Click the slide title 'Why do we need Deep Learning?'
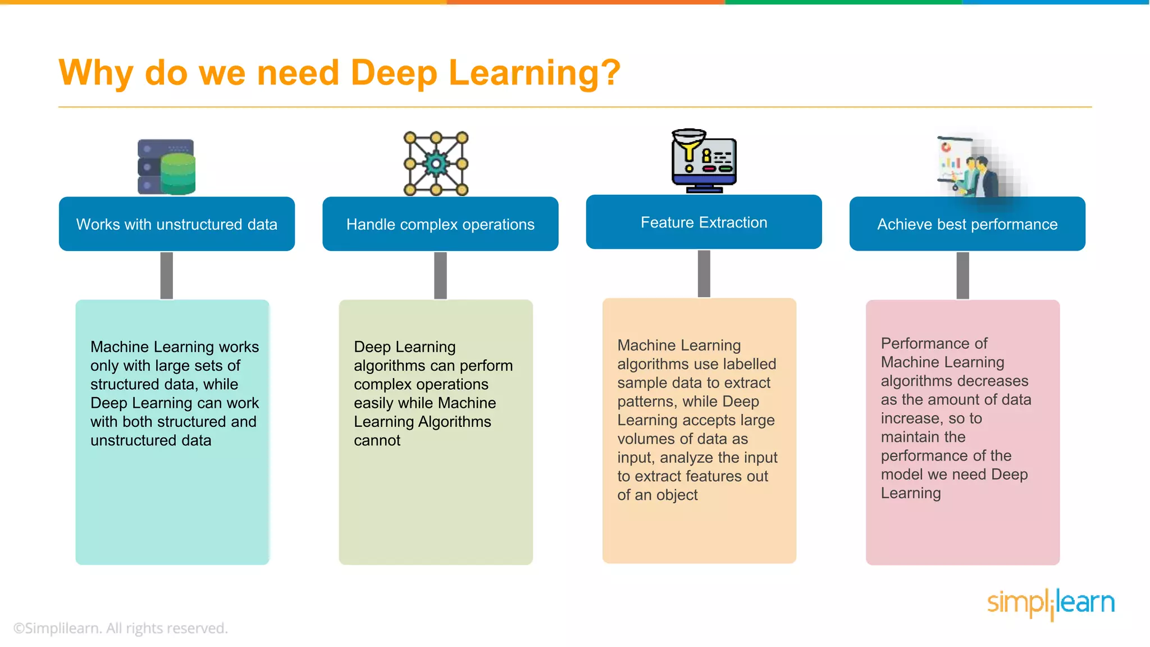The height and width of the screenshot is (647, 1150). (x=339, y=73)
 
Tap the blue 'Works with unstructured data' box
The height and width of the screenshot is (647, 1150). (x=177, y=224)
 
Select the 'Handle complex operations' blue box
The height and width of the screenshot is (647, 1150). (x=440, y=224)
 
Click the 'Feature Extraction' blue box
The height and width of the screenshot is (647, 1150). (x=704, y=222)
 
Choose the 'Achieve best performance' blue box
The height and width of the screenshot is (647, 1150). (x=967, y=224)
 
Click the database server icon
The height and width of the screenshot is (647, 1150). (x=167, y=167)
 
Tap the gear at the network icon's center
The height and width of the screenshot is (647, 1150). (x=436, y=164)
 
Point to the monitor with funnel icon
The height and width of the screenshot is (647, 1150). (x=704, y=162)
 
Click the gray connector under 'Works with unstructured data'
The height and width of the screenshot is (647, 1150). (x=167, y=275)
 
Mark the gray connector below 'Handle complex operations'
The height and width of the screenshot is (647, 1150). (x=440, y=275)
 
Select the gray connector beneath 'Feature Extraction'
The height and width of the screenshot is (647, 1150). (x=704, y=274)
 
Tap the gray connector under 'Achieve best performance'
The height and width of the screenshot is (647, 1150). (x=962, y=275)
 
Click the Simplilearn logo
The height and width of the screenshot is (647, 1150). (x=1051, y=604)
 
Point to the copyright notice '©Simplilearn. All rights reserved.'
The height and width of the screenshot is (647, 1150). (x=121, y=628)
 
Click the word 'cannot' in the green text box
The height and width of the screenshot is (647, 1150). (x=377, y=440)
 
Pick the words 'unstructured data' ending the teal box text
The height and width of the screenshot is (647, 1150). (x=150, y=440)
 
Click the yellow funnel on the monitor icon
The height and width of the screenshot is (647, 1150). (x=689, y=145)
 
